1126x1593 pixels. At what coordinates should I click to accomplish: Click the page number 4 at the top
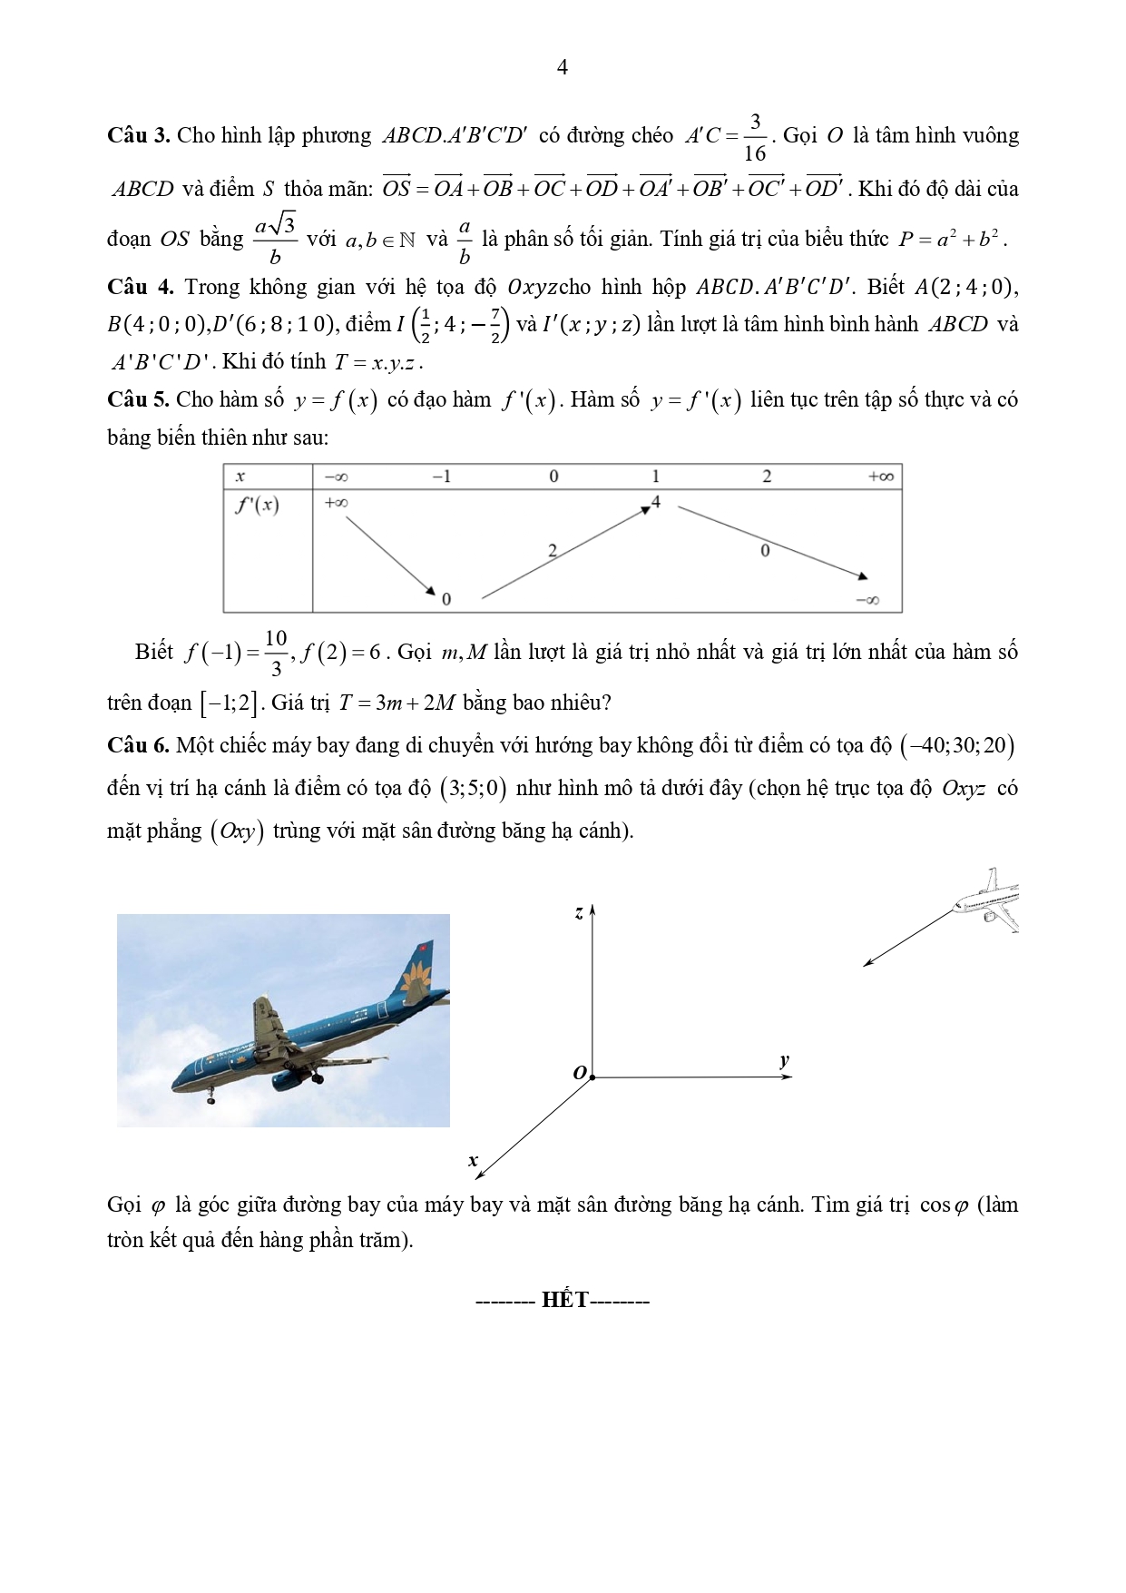[563, 67]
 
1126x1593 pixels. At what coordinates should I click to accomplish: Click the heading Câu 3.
[138, 136]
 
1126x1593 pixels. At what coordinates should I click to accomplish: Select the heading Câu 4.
[140, 287]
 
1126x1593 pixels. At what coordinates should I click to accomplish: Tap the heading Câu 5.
[138, 399]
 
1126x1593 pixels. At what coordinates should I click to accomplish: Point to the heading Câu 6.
[138, 746]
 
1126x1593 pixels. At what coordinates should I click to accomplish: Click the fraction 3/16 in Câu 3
[754, 137]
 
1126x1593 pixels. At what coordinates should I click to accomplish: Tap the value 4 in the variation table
[655, 501]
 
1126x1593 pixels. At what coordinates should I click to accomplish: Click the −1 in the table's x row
[441, 477]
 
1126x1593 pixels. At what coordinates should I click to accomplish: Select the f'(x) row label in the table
[257, 506]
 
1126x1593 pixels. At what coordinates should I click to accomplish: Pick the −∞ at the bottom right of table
[867, 600]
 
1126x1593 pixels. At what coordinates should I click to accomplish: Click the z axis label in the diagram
[579, 913]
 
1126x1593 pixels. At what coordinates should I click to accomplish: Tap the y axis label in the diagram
[784, 1060]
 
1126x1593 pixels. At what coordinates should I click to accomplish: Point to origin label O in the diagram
[579, 1073]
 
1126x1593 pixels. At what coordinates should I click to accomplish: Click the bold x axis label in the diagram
[473, 1160]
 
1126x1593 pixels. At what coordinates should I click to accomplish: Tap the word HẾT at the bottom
[565, 1300]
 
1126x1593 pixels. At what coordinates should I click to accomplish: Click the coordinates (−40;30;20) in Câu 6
[957, 746]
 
